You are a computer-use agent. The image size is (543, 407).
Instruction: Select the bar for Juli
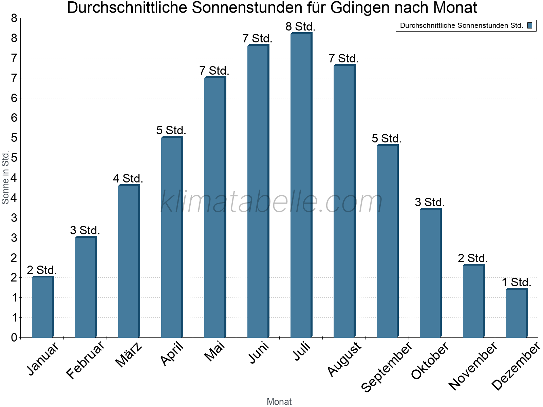(301, 185)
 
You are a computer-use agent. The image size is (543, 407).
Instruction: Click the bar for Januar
(42, 307)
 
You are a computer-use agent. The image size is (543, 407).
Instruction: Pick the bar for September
(387, 241)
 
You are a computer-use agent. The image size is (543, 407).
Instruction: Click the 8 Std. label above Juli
(301, 26)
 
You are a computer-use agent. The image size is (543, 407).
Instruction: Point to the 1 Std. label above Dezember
(516, 282)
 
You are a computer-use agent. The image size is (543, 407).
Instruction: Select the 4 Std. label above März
(128, 178)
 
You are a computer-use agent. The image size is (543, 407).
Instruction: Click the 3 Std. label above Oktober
(430, 202)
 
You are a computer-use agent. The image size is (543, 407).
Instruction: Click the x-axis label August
(344, 359)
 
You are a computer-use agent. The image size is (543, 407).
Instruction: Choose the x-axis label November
(473, 366)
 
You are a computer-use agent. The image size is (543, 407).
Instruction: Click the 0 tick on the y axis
(14, 337)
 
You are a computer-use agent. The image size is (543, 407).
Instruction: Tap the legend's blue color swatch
(530, 25)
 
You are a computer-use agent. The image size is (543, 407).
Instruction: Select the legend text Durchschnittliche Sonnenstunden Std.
(462, 25)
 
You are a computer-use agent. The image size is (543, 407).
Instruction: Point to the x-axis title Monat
(279, 402)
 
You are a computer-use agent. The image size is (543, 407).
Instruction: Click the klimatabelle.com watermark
(271, 202)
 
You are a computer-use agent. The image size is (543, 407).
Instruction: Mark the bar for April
(171, 237)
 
